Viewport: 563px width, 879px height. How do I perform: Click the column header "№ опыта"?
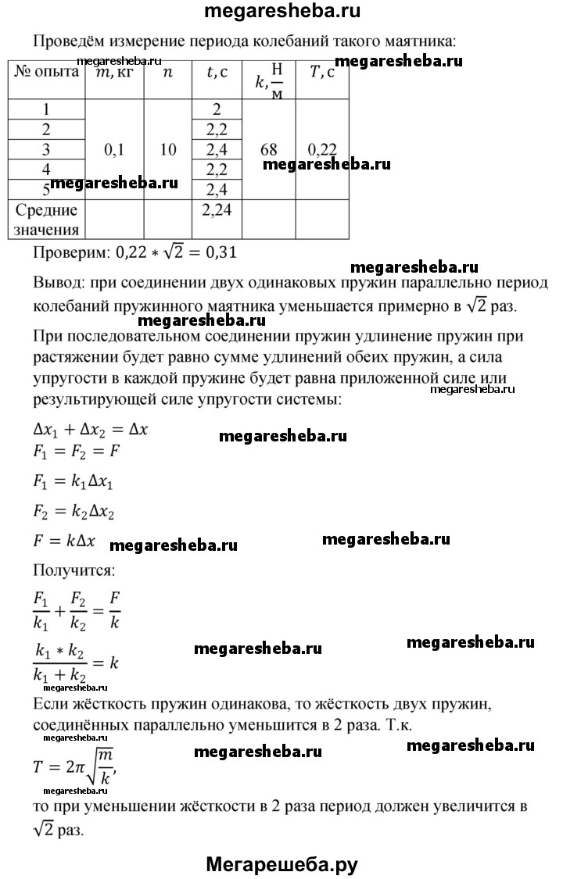46,73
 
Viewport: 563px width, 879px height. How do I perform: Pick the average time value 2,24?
217,209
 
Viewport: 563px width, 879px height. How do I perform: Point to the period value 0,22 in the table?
321,149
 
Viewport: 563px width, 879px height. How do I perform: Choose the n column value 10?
167,149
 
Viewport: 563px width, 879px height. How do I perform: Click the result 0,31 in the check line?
218,252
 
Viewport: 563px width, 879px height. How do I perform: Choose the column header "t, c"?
217,73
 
